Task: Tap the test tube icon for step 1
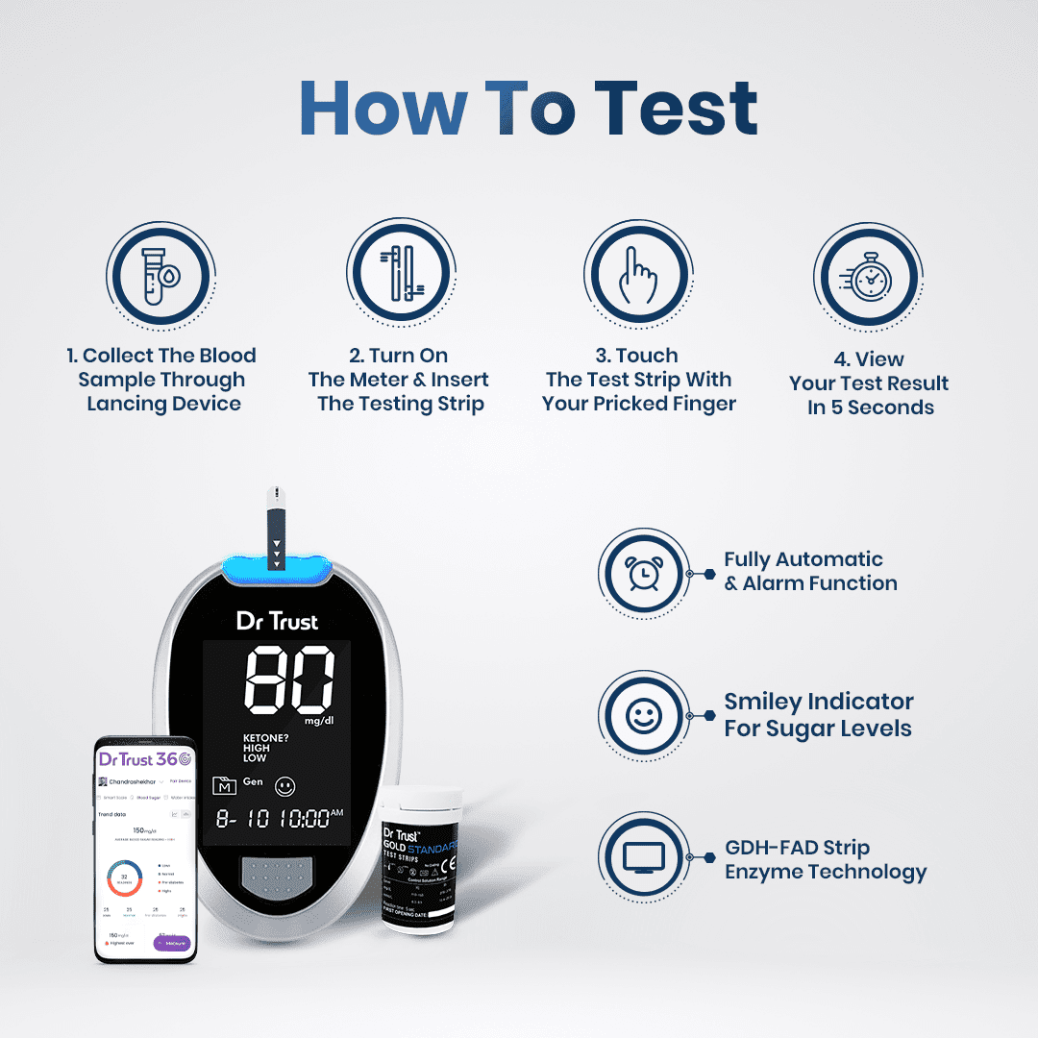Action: click(160, 275)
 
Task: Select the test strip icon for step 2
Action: click(400, 273)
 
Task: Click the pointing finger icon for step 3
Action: click(638, 275)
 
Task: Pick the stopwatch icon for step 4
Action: click(870, 279)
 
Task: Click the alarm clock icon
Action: click(643, 573)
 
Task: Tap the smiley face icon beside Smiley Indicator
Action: click(643, 715)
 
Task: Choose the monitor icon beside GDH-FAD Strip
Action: click(643, 858)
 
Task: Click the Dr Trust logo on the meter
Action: click(278, 621)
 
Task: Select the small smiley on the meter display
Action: click(284, 786)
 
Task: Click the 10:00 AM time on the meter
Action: click(304, 819)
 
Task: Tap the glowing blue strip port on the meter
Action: click(276, 571)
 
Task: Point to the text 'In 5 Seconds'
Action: click(870, 408)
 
